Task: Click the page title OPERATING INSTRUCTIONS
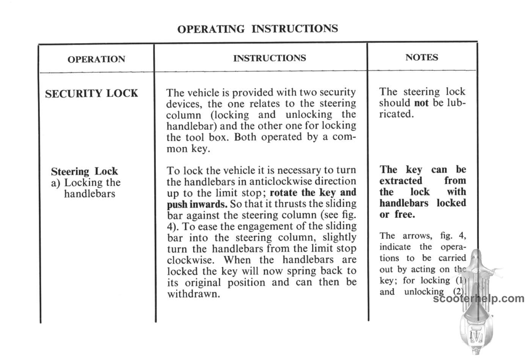tap(257, 29)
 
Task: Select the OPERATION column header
tap(96, 59)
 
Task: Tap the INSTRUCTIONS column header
tap(269, 58)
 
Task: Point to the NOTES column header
tap(421, 57)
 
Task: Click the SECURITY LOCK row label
tap(91, 94)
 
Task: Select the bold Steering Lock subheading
tap(84, 171)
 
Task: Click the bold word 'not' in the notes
tap(421, 103)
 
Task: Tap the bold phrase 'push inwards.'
tap(197, 204)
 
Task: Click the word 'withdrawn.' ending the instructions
tap(193, 294)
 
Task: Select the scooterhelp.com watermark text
tap(479, 299)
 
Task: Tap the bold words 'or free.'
tap(397, 214)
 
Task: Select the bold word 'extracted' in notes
tap(401, 181)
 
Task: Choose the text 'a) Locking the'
tap(86, 183)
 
